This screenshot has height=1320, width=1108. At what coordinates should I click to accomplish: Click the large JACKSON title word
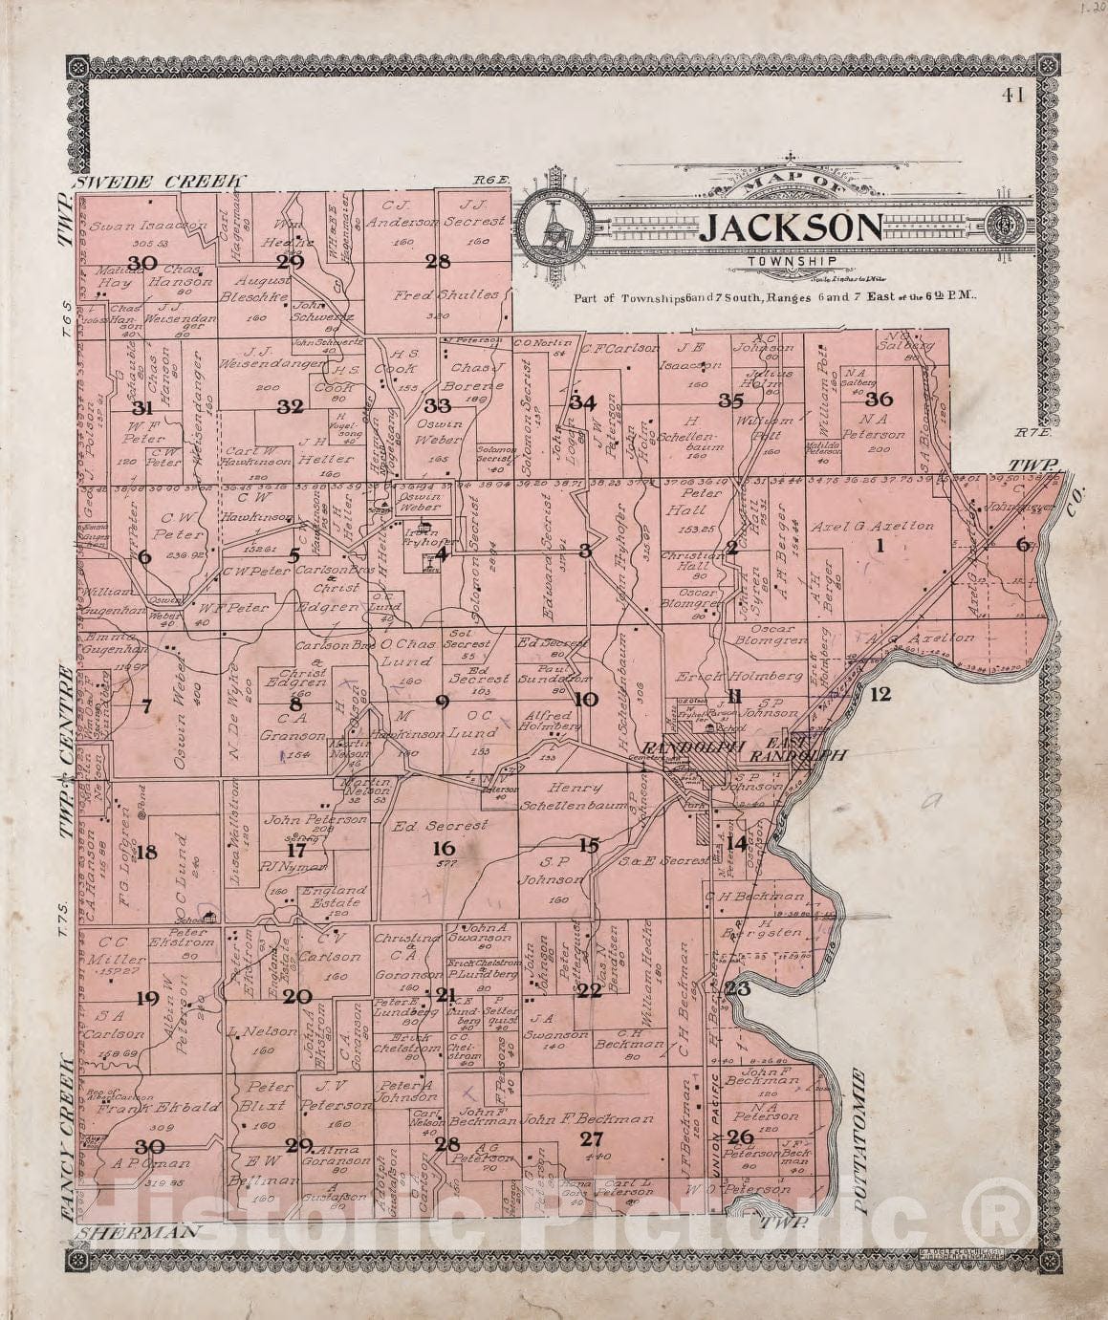pos(790,227)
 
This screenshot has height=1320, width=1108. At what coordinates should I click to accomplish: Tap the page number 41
pos(1012,94)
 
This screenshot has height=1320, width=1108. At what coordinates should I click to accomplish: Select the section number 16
pos(443,848)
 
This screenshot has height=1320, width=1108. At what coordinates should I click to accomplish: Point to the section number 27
pos(592,1137)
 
